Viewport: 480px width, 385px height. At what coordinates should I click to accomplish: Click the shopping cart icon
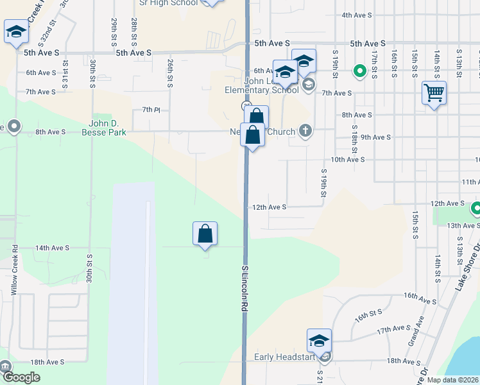(434, 94)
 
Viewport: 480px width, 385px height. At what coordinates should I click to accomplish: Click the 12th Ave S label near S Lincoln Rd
(269, 207)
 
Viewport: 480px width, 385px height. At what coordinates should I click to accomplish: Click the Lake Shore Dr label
(468, 267)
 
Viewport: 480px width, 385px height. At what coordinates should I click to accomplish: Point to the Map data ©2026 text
(452, 380)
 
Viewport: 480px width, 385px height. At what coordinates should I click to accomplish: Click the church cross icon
(305, 132)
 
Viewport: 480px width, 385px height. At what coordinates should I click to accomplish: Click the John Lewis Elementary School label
(262, 85)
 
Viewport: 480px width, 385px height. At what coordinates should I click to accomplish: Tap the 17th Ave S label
(393, 329)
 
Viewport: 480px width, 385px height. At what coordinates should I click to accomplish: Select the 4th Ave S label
(357, 15)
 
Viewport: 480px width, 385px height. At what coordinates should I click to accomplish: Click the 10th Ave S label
(347, 158)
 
